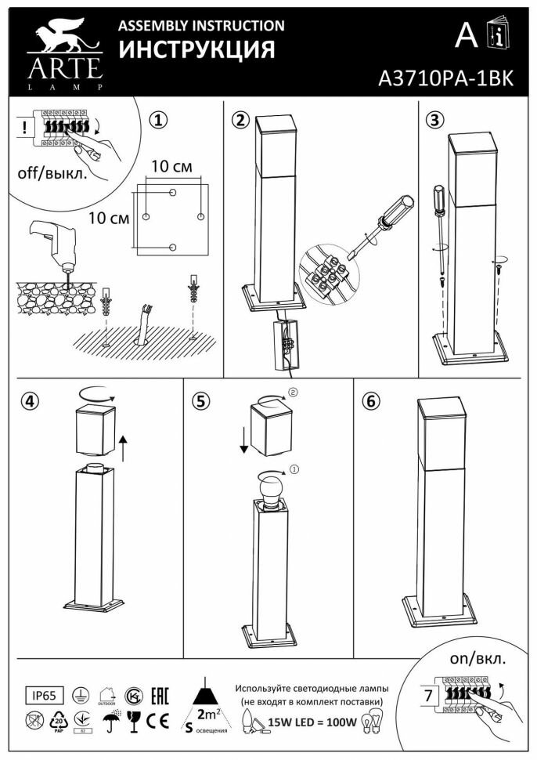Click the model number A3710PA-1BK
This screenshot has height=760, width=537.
[x=445, y=78]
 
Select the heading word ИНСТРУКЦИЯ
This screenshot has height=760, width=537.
[x=196, y=50]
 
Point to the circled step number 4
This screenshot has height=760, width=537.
[x=30, y=401]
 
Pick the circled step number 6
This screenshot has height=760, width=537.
[x=371, y=401]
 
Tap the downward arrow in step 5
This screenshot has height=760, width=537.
[x=244, y=440]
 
